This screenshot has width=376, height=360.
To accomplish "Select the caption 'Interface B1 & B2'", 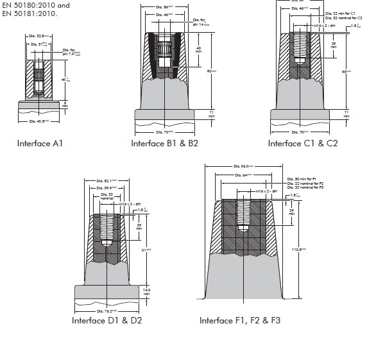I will click(165, 142).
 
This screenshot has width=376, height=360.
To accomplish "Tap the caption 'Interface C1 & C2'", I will click(302, 142).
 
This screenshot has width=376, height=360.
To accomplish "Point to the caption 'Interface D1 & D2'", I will click(108, 320).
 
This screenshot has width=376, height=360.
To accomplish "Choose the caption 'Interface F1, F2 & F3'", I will click(240, 320).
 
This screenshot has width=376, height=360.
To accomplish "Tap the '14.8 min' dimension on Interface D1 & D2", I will click(147, 290).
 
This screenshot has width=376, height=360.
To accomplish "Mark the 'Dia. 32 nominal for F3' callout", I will click(307, 188).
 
